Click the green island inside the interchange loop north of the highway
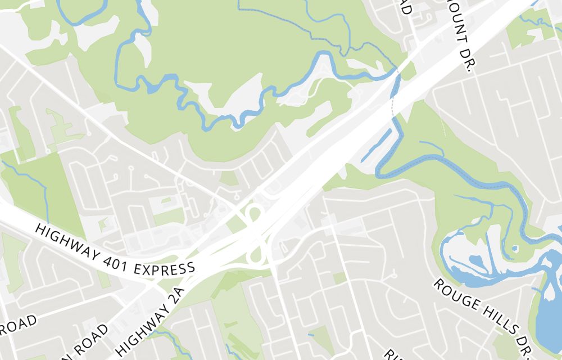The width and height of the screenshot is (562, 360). point(255,214)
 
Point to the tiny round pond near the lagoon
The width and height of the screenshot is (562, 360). point(515,248)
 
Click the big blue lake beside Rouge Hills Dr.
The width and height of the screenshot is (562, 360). point(548,315)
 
